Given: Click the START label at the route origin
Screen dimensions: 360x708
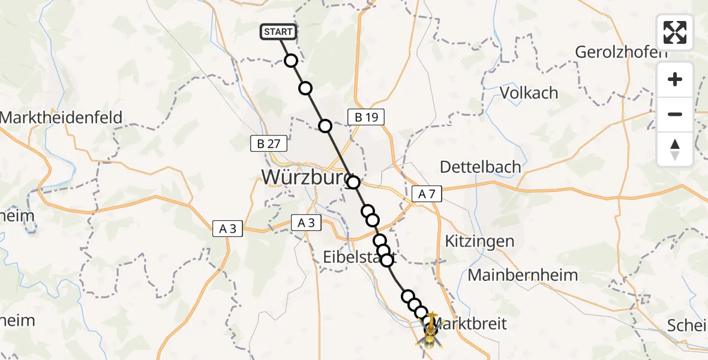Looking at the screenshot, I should pyautogui.click(x=278, y=32).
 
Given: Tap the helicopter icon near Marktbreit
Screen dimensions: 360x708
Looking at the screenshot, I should pyautogui.click(x=431, y=334).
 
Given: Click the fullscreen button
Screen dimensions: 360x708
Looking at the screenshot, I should pyautogui.click(x=675, y=32).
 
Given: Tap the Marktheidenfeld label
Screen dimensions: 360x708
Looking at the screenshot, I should pyautogui.click(x=61, y=117).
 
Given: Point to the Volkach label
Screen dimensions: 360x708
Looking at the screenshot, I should pyautogui.click(x=529, y=93).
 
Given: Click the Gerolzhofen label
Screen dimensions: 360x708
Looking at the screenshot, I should pyautogui.click(x=621, y=52).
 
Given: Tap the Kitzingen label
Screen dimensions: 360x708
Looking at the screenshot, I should pyautogui.click(x=479, y=241).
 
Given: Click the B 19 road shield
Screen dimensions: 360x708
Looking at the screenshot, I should pyautogui.click(x=365, y=117).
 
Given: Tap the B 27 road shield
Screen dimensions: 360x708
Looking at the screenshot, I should pyautogui.click(x=269, y=144).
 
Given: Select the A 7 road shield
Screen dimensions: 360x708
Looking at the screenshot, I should pyautogui.click(x=427, y=194).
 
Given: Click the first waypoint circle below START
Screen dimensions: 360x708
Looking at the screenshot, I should pyautogui.click(x=291, y=61).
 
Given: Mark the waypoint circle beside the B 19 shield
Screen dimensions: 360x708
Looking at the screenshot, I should pyautogui.click(x=325, y=126).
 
